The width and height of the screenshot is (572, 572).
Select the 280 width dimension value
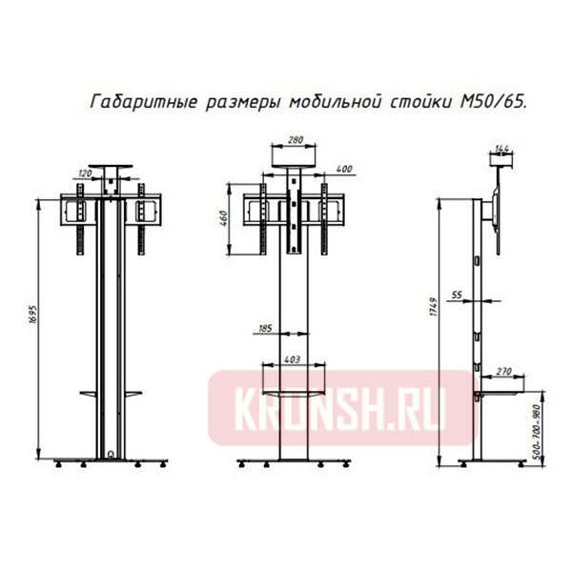[x=295, y=142]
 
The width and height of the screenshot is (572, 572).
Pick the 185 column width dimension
[x=265, y=329]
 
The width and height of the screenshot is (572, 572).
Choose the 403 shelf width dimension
[x=294, y=360]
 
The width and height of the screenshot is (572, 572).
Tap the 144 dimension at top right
[x=501, y=148]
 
